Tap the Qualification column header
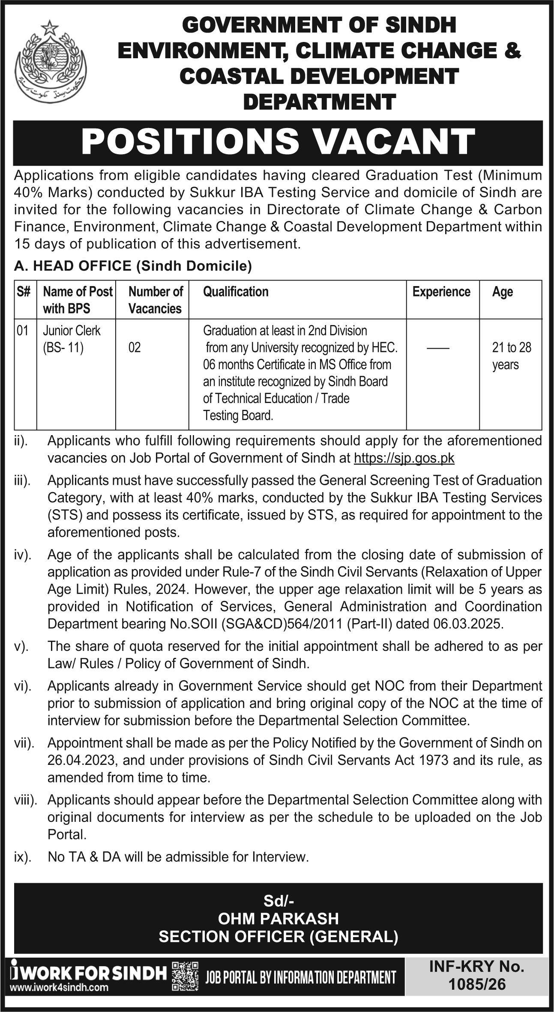pos(236,292)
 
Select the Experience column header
pos(441,292)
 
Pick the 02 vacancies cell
pos(134,347)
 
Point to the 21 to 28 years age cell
pos(511,356)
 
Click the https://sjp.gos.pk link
pos(404,458)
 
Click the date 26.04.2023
pos(81,760)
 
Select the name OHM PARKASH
pos(278,919)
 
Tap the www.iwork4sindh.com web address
pos(59,975)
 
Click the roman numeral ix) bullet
pos(23,857)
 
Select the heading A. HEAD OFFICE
pos(73,266)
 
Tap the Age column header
pos(502,292)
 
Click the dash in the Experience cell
pos(438,348)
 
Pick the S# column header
pos(24,292)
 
